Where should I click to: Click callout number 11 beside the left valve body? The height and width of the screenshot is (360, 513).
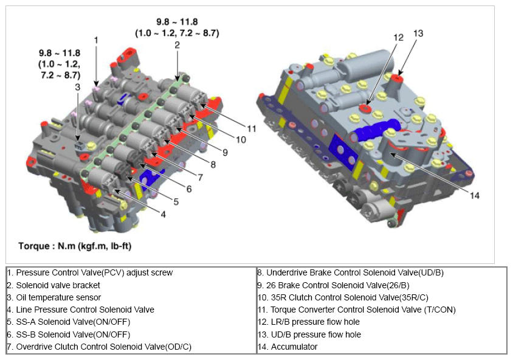(x=251, y=129)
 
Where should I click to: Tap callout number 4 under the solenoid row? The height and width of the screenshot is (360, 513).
(x=163, y=215)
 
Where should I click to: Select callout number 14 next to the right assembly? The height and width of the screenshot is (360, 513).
(x=474, y=196)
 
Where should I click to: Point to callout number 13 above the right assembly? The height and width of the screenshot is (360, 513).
(x=418, y=33)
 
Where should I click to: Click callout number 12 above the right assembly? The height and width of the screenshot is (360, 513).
(x=398, y=38)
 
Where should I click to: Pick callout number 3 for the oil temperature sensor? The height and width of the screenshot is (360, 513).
(x=77, y=87)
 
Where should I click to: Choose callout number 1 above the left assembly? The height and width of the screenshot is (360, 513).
(x=96, y=40)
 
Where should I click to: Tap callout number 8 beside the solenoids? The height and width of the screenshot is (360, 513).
(x=213, y=165)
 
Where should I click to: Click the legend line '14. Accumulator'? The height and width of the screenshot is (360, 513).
(x=287, y=347)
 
